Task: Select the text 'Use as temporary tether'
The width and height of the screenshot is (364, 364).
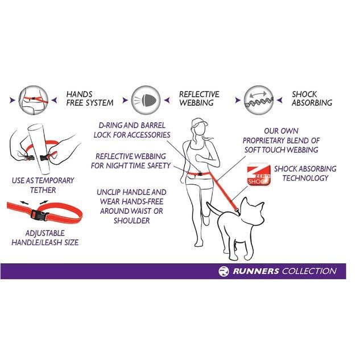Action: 43,185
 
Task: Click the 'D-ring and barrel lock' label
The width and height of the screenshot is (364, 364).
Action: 132,130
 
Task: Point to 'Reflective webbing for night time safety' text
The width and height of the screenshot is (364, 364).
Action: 132,160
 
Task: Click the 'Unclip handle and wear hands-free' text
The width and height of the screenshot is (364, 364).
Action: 131,206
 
